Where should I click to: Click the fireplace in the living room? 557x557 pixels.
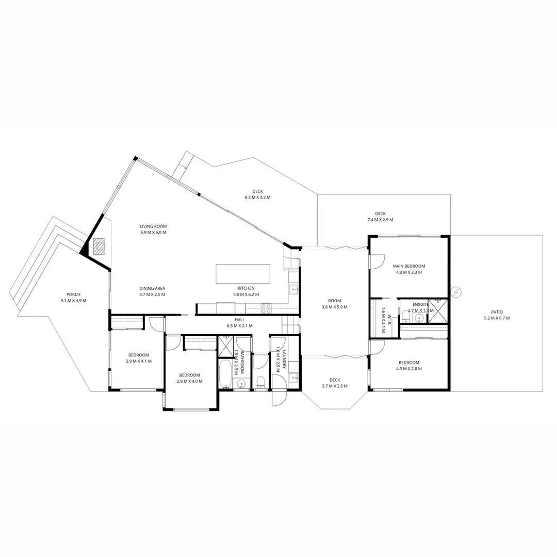click(99, 246)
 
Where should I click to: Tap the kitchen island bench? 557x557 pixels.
click(243, 274)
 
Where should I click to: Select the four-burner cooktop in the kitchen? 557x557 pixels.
click(267, 308)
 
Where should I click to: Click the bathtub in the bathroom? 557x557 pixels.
click(225, 374)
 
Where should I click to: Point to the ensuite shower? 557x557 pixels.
click(437, 311)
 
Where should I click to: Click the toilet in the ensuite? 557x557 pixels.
click(406, 317)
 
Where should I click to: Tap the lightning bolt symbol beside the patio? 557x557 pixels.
click(456, 292)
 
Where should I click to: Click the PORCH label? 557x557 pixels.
click(73, 294)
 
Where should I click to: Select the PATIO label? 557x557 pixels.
click(497, 312)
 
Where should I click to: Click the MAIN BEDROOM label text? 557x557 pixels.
click(409, 266)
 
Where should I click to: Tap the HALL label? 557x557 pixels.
click(239, 320)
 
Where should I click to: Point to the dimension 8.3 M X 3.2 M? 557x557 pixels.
click(257, 198)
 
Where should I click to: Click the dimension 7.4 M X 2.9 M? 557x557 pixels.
click(380, 220)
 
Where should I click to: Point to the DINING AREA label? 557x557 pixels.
click(152, 288)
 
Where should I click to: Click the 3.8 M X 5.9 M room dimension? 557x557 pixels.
click(334, 307)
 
